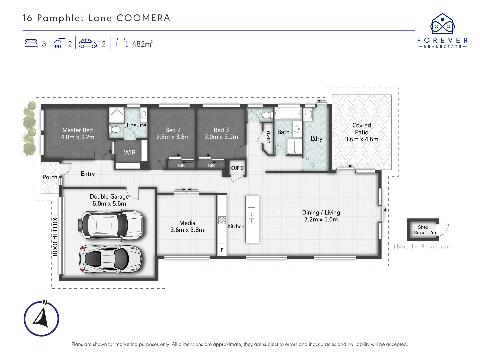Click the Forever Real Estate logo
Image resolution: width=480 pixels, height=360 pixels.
442,31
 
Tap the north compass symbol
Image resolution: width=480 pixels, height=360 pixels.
41,318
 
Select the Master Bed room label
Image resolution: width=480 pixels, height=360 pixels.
78,130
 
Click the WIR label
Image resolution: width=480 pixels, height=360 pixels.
130,152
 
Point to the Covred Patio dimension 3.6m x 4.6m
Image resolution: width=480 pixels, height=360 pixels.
361,139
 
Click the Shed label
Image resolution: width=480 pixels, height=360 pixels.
423,227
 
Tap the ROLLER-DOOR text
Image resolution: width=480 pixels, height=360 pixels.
55,236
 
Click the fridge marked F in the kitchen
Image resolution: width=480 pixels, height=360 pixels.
222,250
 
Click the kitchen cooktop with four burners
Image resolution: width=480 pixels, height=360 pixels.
222,220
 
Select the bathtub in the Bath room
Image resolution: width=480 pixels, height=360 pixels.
288,113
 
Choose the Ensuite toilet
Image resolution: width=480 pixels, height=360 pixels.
115,130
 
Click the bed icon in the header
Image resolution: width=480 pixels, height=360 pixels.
31,43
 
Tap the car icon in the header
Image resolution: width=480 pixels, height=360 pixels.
88,43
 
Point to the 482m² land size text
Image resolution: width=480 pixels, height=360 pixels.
142,44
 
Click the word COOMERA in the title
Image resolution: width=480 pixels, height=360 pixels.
143,18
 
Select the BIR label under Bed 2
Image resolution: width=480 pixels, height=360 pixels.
181,166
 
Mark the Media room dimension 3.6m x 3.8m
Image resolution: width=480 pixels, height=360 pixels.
187,230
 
